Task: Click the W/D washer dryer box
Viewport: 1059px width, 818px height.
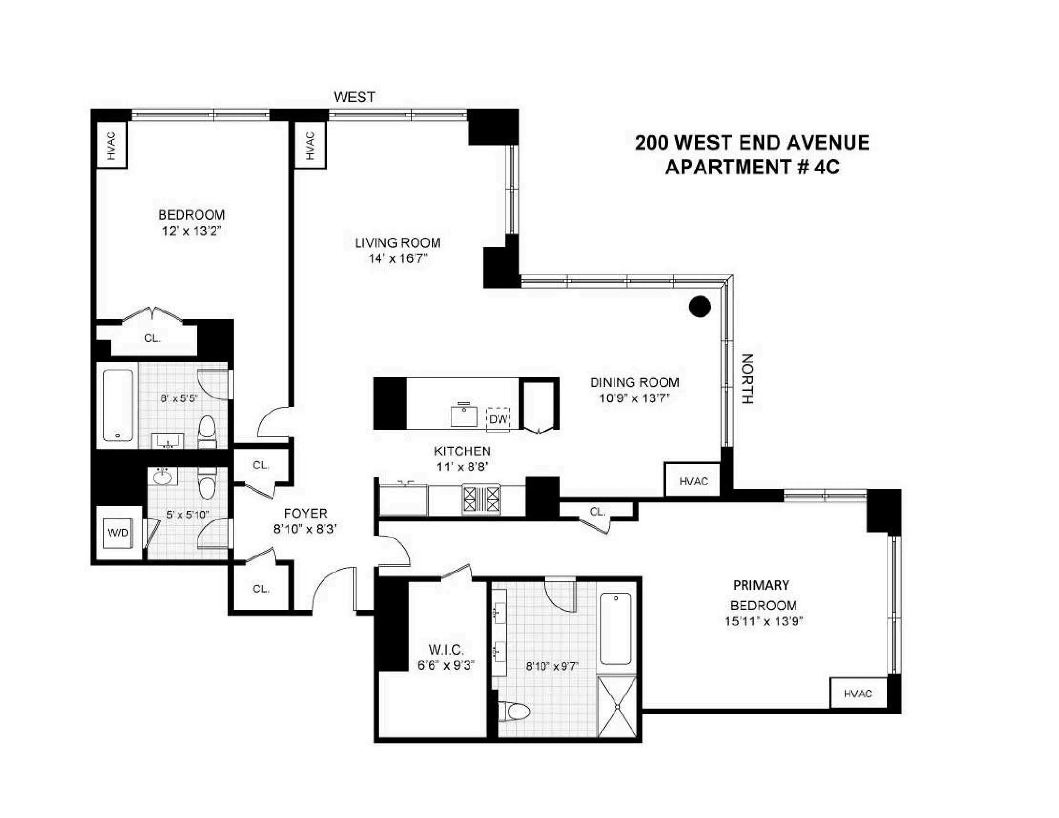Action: click(118, 533)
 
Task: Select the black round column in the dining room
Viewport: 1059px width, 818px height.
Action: click(700, 306)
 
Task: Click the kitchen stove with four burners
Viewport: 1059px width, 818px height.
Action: click(481, 499)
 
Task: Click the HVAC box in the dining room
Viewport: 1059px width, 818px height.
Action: click(693, 481)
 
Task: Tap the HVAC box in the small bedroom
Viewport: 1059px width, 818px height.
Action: click(112, 145)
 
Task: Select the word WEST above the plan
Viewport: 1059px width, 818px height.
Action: click(354, 98)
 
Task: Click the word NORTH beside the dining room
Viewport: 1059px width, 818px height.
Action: click(747, 379)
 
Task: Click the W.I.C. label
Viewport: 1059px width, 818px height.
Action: click(446, 649)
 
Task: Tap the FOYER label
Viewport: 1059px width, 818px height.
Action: click(306, 513)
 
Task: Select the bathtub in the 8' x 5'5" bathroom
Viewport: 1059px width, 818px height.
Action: click(118, 405)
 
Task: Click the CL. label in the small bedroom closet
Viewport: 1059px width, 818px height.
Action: click(152, 338)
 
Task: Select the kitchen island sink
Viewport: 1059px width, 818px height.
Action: click(464, 416)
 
